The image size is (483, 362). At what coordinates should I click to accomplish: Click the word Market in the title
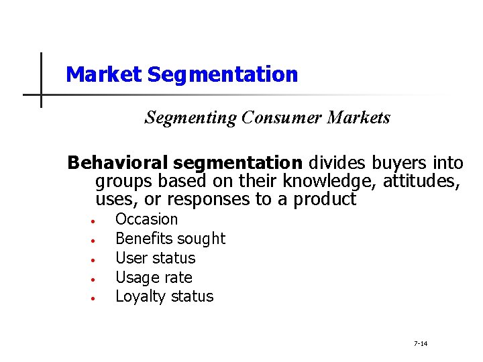tap(105, 74)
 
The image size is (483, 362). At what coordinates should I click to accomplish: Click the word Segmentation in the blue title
tap(223, 74)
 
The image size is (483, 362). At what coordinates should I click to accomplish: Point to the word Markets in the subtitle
tap(358, 118)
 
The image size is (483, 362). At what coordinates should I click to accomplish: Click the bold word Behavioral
tap(118, 163)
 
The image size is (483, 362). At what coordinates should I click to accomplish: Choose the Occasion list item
tap(147, 219)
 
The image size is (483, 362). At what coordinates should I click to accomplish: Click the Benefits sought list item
tap(170, 239)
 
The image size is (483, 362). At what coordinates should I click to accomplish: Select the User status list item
tap(155, 258)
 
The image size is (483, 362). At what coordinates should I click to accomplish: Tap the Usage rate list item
tap(154, 278)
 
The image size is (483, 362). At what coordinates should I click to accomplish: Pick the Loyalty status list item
tap(164, 296)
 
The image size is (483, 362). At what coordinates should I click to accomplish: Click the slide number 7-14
tap(421, 344)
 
